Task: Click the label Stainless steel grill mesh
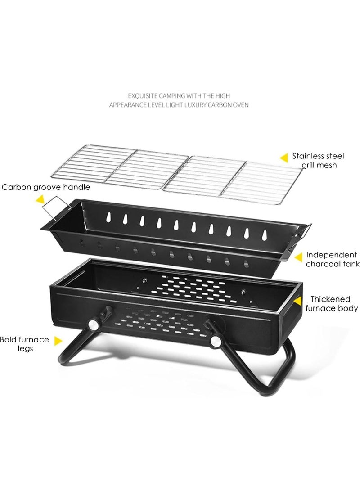click(x=318, y=161)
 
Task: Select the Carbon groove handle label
click(x=46, y=187)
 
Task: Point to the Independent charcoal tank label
click(x=332, y=259)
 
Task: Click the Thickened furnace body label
click(x=332, y=304)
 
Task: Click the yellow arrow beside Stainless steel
click(x=283, y=158)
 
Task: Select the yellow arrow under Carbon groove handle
click(x=40, y=198)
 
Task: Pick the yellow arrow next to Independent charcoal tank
click(x=298, y=257)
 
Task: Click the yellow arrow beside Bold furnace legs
click(x=58, y=340)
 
